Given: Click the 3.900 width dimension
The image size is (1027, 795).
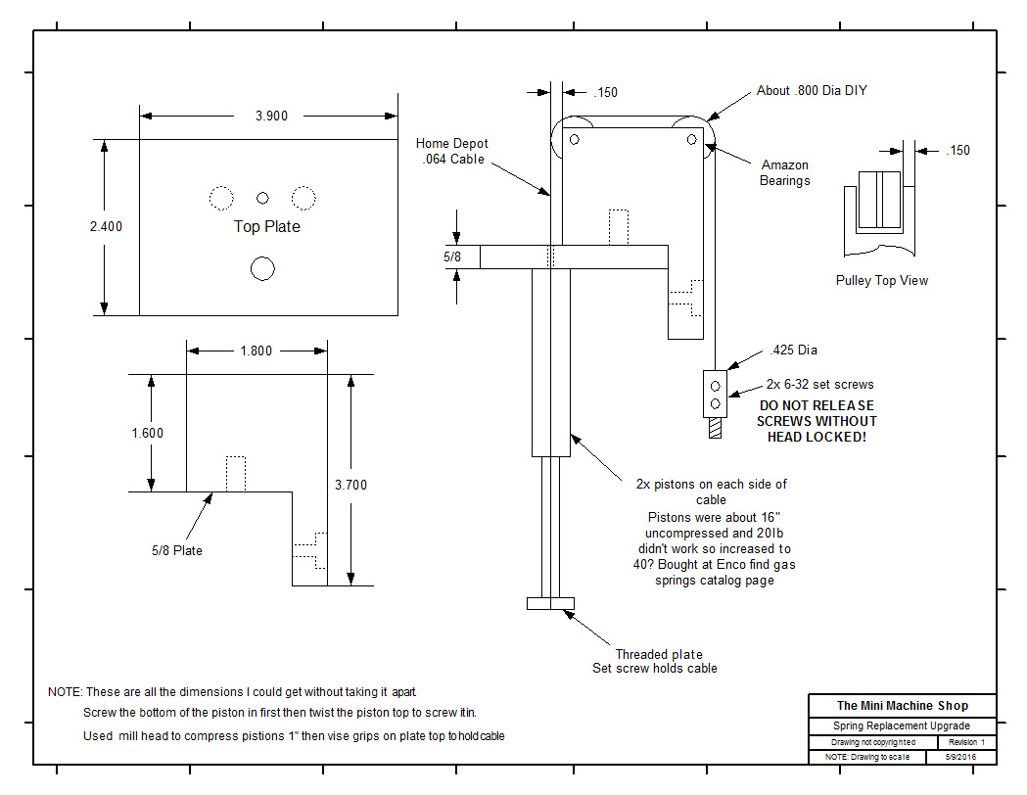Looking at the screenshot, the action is (271, 116).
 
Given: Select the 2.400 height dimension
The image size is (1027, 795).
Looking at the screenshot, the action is (106, 226).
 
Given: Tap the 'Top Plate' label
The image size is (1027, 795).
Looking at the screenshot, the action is (267, 226).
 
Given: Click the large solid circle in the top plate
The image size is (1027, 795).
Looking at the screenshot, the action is (262, 268).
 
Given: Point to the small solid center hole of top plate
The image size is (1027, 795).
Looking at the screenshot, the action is (262, 198).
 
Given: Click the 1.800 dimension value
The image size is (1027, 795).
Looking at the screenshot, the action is (257, 351).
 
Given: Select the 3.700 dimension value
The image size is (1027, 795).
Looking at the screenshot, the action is (351, 486).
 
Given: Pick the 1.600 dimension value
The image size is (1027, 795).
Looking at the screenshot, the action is (148, 433).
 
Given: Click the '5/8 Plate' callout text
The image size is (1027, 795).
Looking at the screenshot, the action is (177, 551).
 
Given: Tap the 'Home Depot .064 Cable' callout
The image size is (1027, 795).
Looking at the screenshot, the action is (452, 152).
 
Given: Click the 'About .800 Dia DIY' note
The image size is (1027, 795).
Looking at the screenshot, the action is (812, 90).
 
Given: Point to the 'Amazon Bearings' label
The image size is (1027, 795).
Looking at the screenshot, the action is (784, 173).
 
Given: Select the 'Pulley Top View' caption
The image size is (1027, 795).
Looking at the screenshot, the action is (881, 280).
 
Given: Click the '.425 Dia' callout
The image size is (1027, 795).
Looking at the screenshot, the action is (794, 351).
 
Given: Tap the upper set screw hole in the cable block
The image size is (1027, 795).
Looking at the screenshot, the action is (716, 387).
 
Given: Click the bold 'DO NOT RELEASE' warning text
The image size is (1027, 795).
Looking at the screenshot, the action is (817, 405).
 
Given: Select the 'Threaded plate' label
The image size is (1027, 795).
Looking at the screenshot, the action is (659, 654).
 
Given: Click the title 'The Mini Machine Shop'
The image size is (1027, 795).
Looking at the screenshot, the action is (903, 705).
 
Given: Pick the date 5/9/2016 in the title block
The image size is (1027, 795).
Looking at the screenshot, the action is (960, 757).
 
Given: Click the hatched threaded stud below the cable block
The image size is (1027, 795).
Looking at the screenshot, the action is (716, 428).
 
